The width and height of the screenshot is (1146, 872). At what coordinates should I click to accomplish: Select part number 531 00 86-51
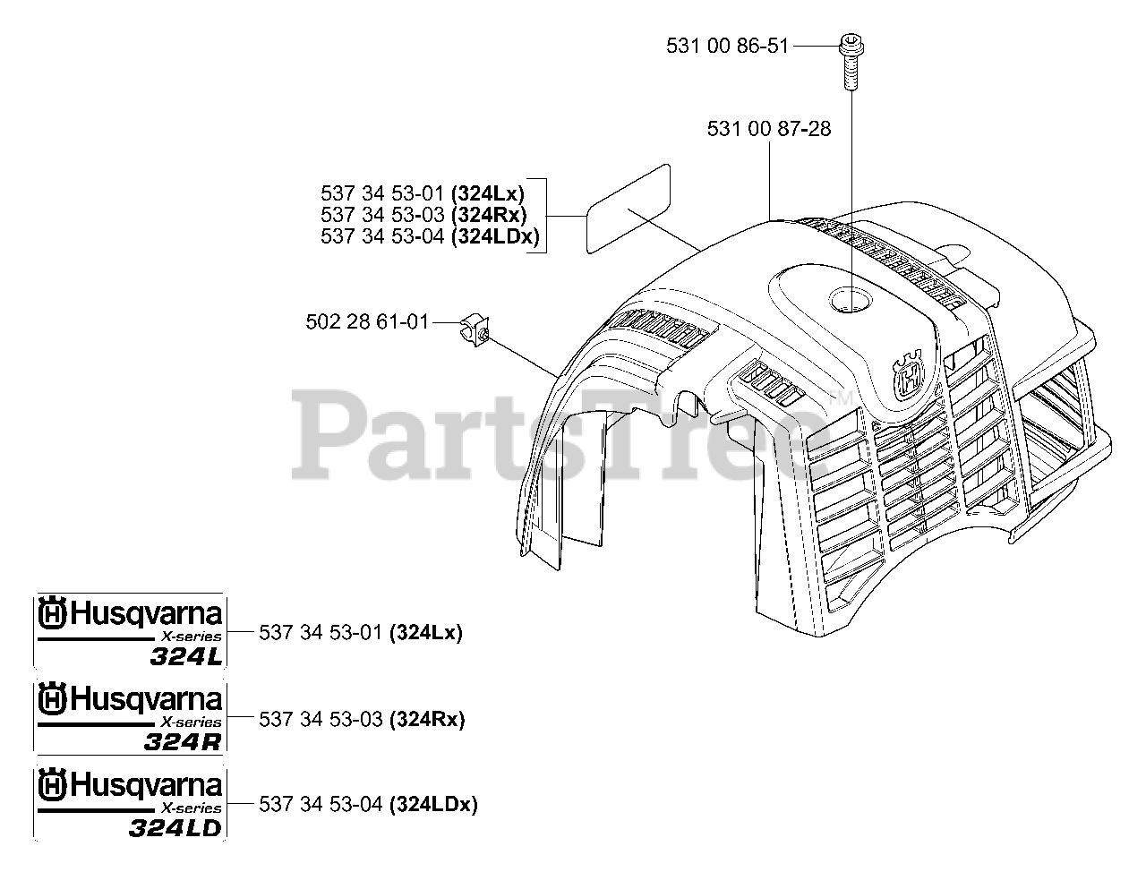click(727, 45)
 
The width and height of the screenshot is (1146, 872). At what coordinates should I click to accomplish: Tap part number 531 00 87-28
click(768, 129)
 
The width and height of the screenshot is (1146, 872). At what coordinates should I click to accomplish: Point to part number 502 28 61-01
click(367, 321)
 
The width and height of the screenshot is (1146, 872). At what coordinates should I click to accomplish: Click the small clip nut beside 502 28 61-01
click(474, 329)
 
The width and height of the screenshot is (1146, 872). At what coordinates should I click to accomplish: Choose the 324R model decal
click(129, 718)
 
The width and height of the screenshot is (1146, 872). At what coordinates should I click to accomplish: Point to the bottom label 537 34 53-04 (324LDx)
click(368, 804)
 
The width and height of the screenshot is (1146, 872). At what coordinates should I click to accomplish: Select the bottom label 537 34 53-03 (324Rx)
click(362, 719)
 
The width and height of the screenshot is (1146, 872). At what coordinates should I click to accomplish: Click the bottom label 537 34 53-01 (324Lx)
click(360, 633)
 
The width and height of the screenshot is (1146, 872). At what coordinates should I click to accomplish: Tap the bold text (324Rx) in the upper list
click(489, 215)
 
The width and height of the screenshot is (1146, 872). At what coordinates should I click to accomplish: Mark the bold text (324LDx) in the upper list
click(495, 236)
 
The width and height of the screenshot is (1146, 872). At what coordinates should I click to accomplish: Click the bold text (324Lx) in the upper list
click(488, 192)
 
